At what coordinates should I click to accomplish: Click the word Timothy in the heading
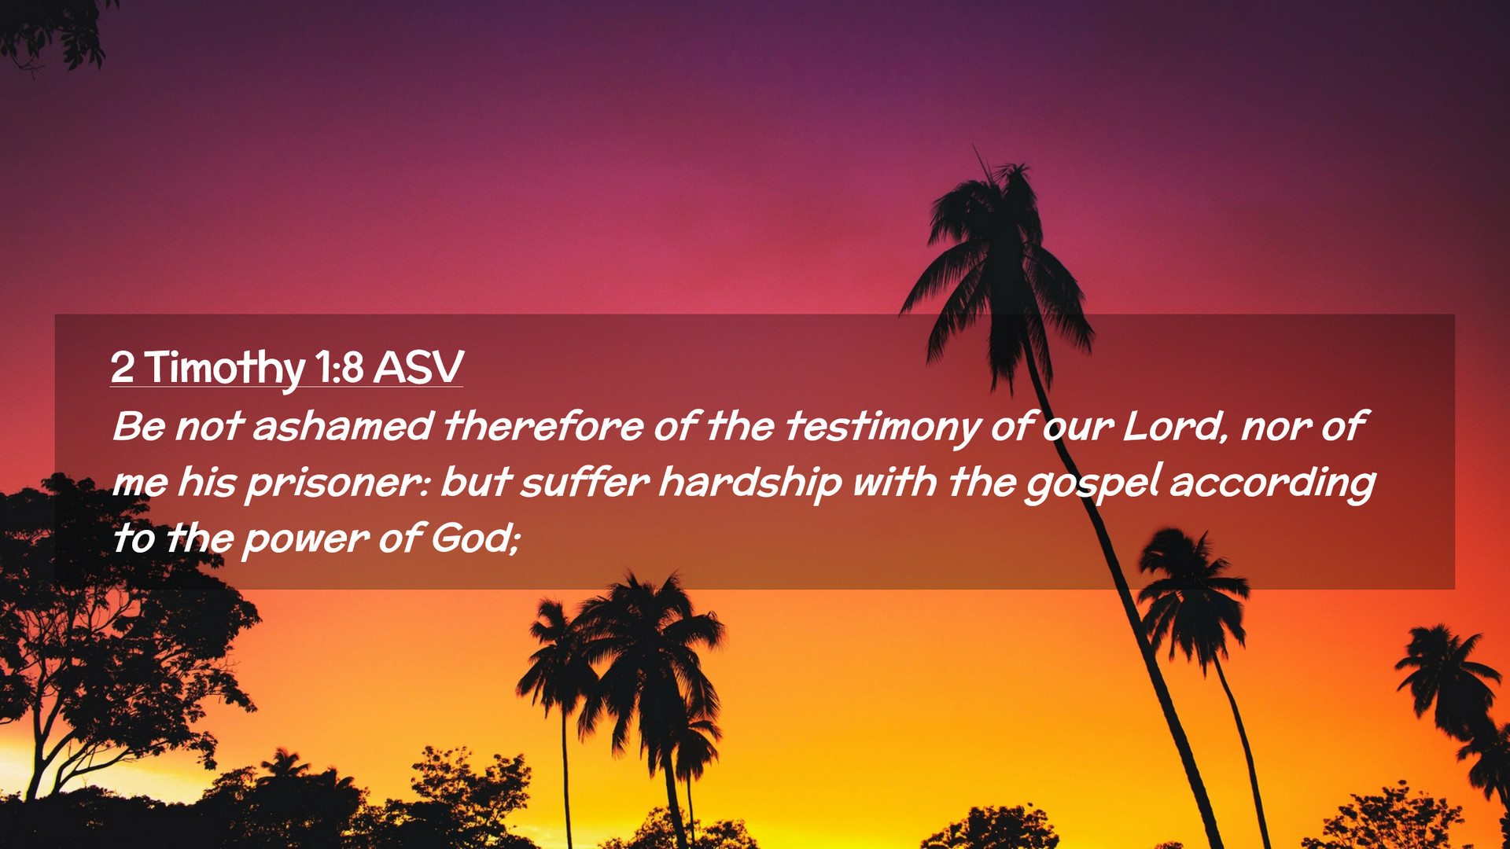pyautogui.click(x=224, y=368)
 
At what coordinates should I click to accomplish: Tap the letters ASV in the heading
pyautogui.click(x=418, y=367)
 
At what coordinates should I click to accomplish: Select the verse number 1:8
pyautogui.click(x=339, y=367)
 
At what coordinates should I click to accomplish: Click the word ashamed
pyautogui.click(x=342, y=426)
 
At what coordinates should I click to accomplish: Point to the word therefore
pyautogui.click(x=543, y=426)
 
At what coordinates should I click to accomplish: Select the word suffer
pyautogui.click(x=584, y=482)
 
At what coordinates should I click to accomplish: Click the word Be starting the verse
pyautogui.click(x=139, y=426)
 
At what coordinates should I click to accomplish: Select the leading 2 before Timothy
pyautogui.click(x=122, y=367)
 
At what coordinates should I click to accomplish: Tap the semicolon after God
pyautogui.click(x=515, y=541)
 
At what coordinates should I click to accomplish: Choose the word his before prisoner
pyautogui.click(x=206, y=482)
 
